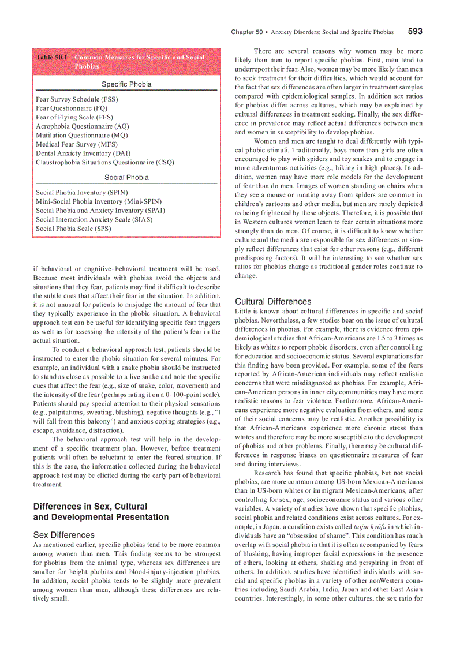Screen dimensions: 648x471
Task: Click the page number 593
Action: coord(414,32)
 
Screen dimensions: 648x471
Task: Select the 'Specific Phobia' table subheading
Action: coord(126,84)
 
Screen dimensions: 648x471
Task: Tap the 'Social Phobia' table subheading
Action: coord(126,177)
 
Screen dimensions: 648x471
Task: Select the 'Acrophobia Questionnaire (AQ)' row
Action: coord(83,126)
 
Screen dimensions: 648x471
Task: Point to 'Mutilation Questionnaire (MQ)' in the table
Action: coord(82,135)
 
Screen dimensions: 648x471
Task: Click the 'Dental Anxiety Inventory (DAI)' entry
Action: coord(83,153)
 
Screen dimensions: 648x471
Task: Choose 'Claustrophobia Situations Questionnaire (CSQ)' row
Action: coord(104,162)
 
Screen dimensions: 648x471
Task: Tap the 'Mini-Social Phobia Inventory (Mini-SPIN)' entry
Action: coord(99,201)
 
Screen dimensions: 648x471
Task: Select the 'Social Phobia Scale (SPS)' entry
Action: coord(73,229)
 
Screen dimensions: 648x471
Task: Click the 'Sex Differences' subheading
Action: coord(64,535)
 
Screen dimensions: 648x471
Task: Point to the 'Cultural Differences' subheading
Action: coord(273,301)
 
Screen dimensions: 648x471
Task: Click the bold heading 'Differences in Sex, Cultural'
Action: coord(90,506)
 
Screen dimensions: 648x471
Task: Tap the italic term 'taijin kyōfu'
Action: coord(372,527)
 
